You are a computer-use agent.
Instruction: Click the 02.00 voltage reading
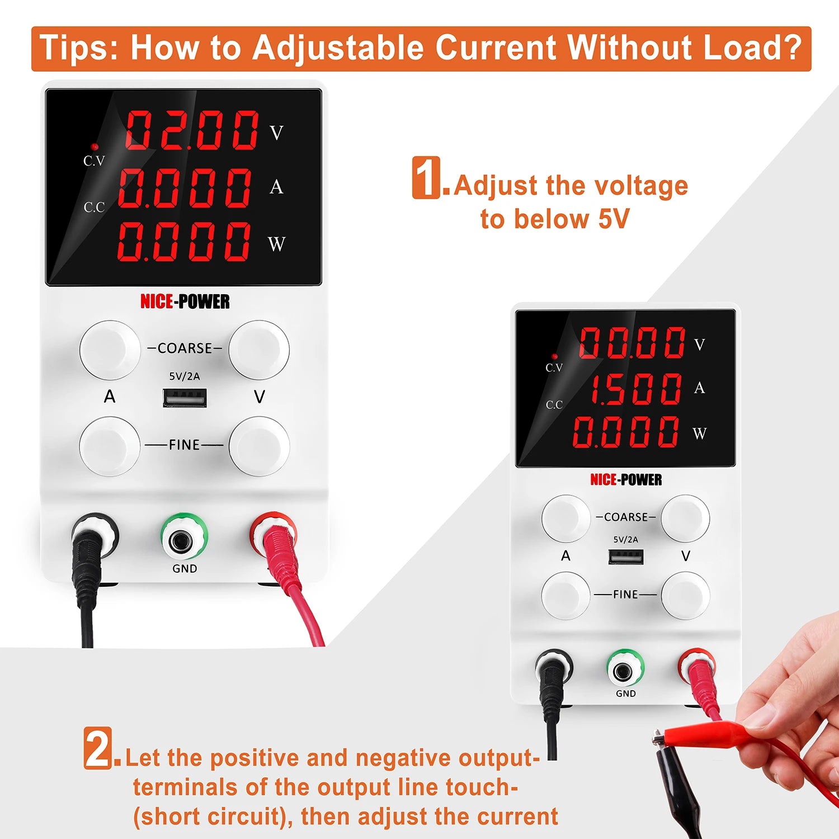click(x=192, y=130)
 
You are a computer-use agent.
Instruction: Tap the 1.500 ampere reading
click(x=636, y=388)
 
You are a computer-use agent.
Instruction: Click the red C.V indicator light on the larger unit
click(x=95, y=147)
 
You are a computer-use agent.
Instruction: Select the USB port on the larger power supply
click(x=185, y=398)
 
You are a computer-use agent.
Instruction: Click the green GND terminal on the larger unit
click(x=184, y=536)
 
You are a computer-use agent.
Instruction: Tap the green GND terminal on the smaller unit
click(x=625, y=668)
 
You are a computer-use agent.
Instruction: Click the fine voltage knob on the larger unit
click(x=259, y=446)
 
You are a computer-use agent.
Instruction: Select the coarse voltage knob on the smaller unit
click(x=685, y=518)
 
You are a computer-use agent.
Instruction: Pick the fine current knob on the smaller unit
click(x=565, y=595)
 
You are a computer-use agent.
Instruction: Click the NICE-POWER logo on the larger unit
click(x=185, y=302)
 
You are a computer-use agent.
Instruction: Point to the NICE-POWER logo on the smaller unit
click(x=626, y=480)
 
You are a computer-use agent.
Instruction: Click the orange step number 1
click(x=427, y=177)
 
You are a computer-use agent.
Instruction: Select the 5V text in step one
click(x=614, y=219)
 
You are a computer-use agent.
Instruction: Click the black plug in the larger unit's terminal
click(x=89, y=545)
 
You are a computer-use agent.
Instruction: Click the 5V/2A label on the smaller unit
click(x=625, y=540)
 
